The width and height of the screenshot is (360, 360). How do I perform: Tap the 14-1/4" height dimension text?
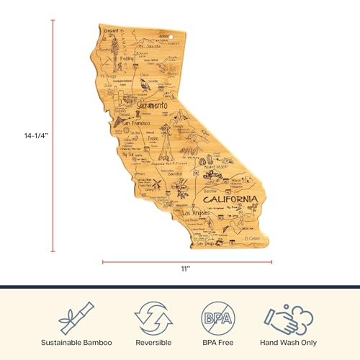click(x=29, y=135)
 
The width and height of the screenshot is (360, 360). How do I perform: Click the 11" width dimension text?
click(x=185, y=269)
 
